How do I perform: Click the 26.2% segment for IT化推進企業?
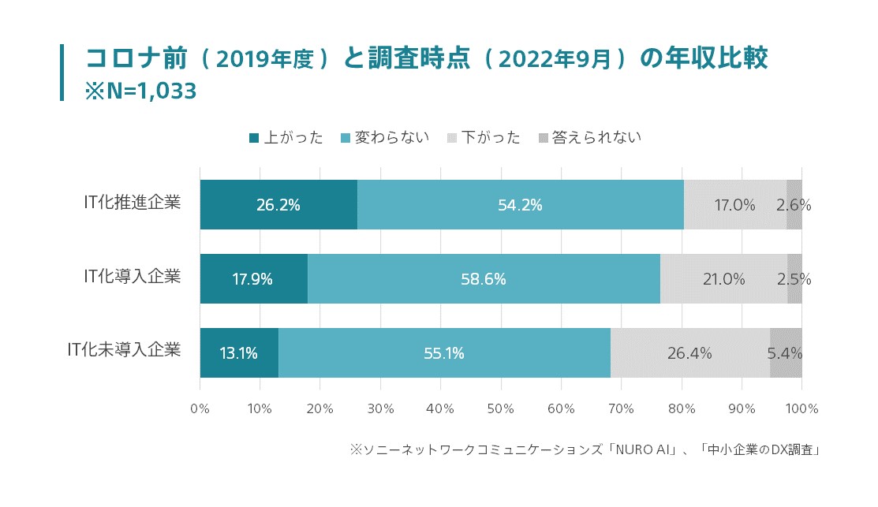tap(278, 205)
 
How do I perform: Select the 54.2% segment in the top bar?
tap(520, 205)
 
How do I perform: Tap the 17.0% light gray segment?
tap(734, 205)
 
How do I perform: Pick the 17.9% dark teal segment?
tap(253, 279)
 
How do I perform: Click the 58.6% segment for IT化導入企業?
tap(484, 279)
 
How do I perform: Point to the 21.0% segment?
tap(723, 279)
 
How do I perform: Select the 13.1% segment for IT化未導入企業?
tap(238, 353)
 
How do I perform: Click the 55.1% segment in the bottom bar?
tap(443, 353)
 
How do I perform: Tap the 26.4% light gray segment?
tap(689, 353)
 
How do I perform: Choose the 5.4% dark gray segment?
tap(786, 353)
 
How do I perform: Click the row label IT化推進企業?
tap(133, 203)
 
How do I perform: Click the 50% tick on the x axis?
tap(501, 408)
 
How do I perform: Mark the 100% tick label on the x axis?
tap(802, 408)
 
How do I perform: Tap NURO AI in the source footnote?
tap(637, 450)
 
